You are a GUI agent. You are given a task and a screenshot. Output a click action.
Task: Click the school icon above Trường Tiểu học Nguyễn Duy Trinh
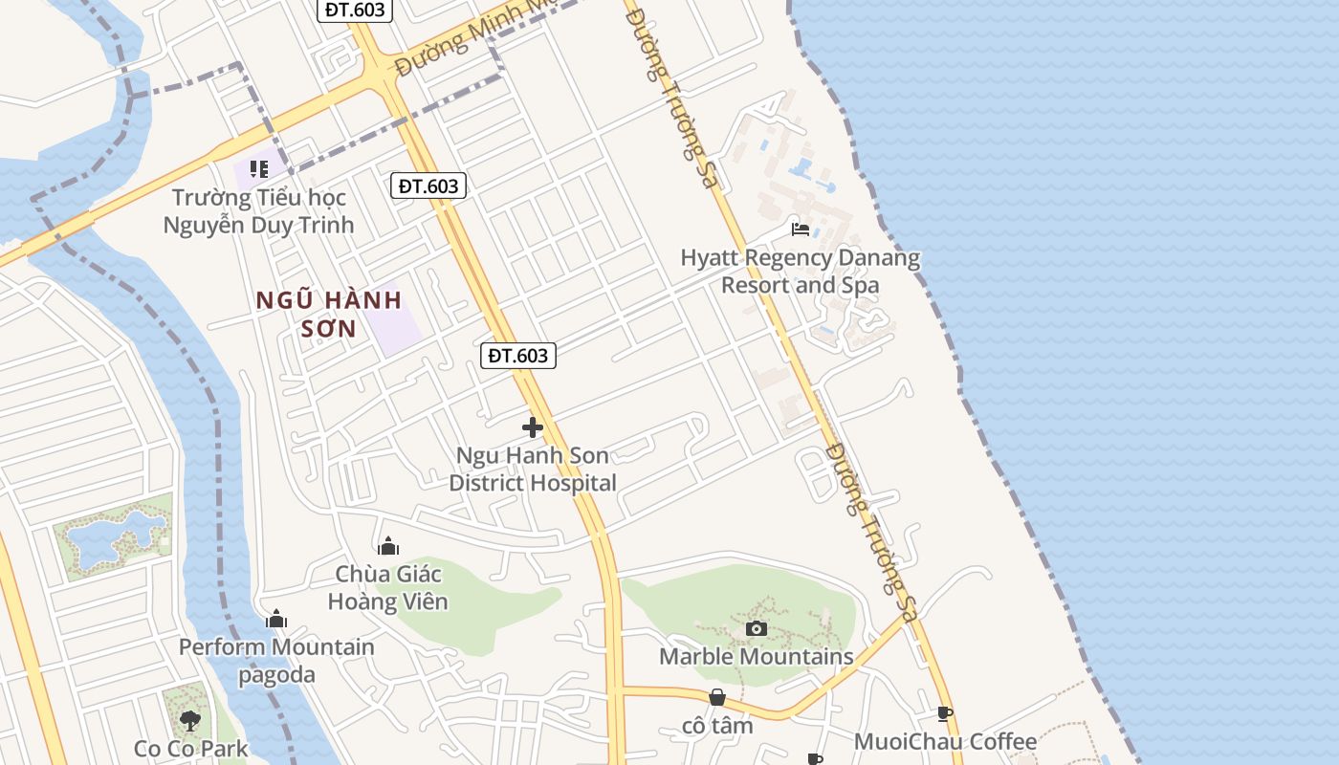[x=258, y=169]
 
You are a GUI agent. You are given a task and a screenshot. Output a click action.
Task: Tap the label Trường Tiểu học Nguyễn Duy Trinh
[x=258, y=211]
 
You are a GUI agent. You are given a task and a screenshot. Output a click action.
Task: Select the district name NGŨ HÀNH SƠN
[x=329, y=315]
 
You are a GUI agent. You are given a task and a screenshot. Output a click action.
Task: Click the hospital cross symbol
[x=533, y=427]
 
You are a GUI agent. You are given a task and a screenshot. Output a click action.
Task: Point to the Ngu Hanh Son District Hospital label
[x=533, y=470]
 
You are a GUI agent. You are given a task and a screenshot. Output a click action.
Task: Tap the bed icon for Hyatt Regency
[x=801, y=229]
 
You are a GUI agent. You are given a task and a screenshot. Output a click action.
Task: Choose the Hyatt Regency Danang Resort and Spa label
[x=800, y=272]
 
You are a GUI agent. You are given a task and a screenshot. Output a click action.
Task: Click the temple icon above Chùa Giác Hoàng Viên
[x=388, y=546]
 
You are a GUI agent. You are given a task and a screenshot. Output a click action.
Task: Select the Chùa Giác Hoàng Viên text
[x=387, y=587]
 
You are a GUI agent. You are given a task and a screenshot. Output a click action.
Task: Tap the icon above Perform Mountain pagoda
[x=276, y=619]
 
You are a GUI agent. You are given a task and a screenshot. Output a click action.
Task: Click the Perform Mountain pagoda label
[x=276, y=660]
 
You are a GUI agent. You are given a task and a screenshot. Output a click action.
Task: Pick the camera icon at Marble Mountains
[x=756, y=628]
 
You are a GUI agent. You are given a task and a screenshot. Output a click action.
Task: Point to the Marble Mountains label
[x=756, y=657]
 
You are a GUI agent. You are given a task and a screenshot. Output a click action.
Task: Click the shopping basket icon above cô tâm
[x=717, y=698]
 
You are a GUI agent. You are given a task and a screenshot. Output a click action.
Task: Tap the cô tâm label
[x=717, y=726]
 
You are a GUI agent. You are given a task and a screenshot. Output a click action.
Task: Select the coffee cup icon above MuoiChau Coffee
[x=945, y=713]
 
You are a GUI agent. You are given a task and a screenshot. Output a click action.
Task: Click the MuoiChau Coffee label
[x=945, y=742]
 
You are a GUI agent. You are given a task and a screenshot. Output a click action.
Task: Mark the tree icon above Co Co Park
[x=190, y=719]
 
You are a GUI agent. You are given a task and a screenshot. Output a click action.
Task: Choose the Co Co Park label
[x=190, y=749]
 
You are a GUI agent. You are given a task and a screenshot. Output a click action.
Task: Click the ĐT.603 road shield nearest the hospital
[x=517, y=356]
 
